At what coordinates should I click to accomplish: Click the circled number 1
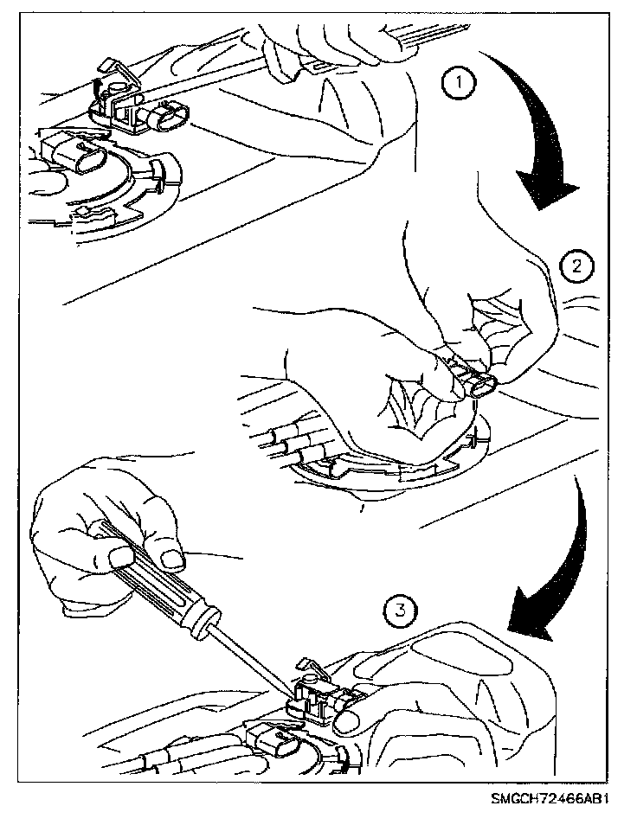coord(459,83)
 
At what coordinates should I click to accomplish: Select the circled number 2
coord(576,266)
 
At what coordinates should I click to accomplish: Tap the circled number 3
coord(400,611)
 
